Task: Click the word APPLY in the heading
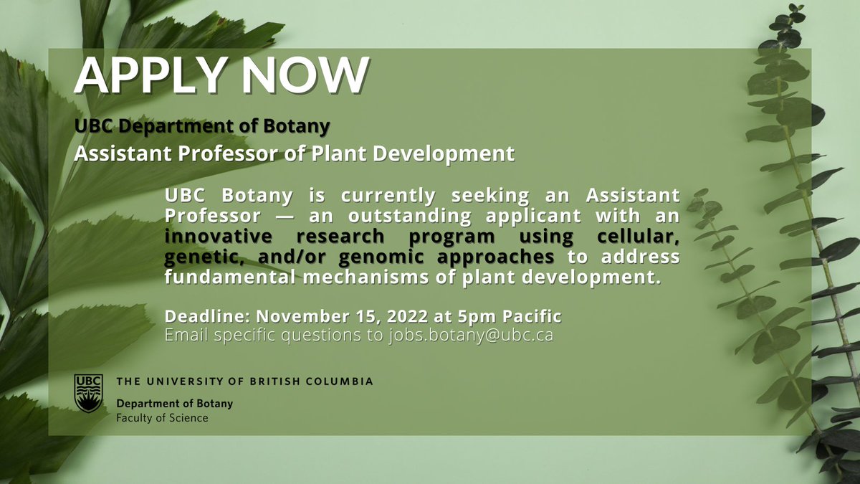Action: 147,74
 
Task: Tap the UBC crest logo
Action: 89,393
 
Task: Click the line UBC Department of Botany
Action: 202,126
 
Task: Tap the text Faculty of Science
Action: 162,417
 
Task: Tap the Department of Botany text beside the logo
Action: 174,404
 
